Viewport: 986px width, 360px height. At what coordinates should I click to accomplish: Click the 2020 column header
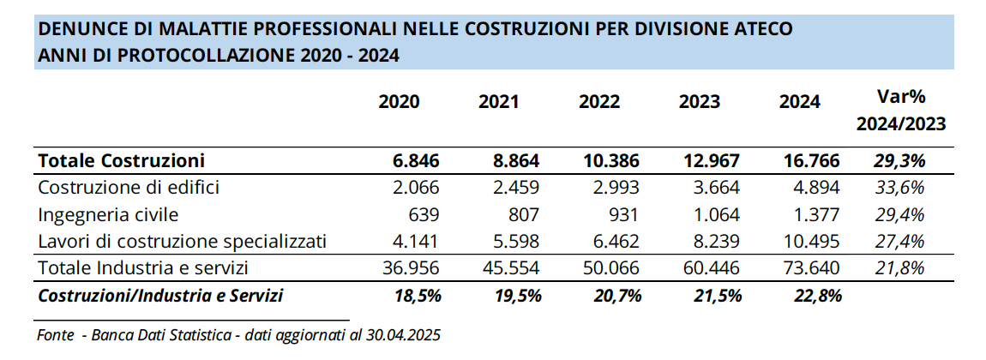pos(399,102)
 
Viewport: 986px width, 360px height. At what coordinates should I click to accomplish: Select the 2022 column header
pos(599,102)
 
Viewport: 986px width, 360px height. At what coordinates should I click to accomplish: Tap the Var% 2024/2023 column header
pos(900,110)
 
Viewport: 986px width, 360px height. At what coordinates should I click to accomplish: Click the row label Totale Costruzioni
pos(122,160)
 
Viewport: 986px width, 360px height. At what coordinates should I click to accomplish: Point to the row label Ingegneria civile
pos(109,214)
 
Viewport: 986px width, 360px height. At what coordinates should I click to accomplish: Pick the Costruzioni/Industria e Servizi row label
pos(161,296)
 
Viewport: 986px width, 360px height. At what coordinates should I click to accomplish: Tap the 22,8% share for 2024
pos(815,296)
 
